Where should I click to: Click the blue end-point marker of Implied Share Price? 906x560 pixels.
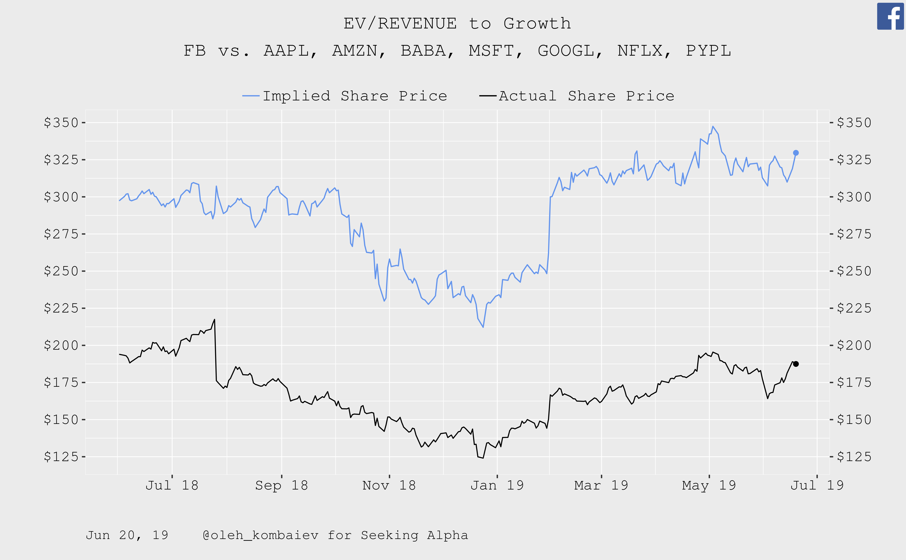(x=796, y=153)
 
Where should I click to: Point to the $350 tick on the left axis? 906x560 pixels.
(x=61, y=123)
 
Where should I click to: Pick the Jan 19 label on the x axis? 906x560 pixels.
(x=497, y=485)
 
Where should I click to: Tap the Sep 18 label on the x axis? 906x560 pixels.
(x=281, y=485)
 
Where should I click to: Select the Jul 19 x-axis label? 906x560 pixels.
(x=817, y=485)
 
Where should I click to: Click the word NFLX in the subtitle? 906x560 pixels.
(x=640, y=51)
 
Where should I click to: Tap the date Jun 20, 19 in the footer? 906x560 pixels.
(x=127, y=535)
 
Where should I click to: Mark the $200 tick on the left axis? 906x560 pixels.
(x=61, y=345)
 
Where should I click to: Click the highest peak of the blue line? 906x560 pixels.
(x=713, y=126)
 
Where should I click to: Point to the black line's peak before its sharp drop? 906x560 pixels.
(x=214, y=319)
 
